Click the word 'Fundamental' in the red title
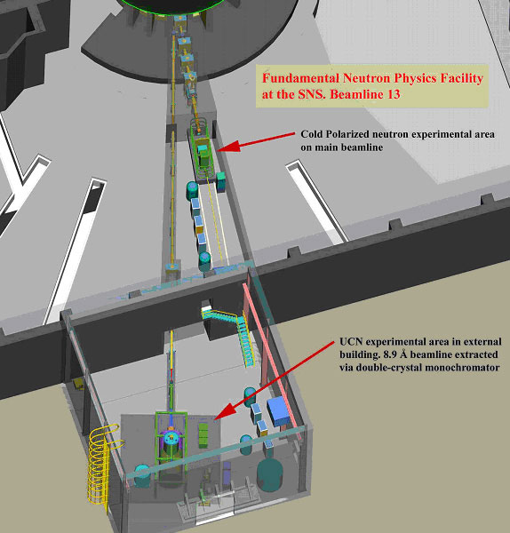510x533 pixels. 300,78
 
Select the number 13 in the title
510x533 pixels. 393,94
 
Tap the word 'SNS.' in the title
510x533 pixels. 313,94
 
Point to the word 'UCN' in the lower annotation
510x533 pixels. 351,342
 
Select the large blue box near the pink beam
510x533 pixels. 278,410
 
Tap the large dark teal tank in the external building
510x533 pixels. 269,473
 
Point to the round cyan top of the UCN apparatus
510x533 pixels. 172,439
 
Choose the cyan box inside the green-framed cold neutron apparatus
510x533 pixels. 203,149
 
